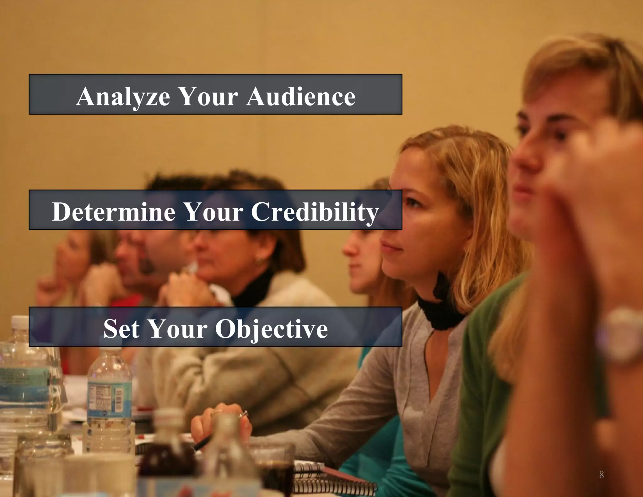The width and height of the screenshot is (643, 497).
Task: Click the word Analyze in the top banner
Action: point(123,96)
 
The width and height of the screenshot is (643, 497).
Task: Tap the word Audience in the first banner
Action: point(301,96)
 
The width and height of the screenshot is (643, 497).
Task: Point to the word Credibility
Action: point(315,212)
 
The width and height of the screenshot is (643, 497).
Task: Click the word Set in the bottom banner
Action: point(122,329)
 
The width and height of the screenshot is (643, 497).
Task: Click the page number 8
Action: point(601,475)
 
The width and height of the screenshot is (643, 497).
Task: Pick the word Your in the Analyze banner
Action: point(208,96)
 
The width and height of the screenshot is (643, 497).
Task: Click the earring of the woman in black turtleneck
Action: point(259,259)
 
